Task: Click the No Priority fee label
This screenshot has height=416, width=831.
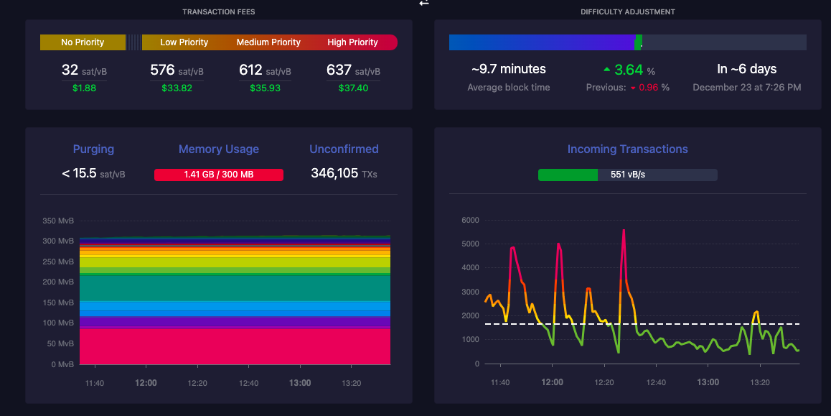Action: click(83, 42)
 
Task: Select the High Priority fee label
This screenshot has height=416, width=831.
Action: click(352, 42)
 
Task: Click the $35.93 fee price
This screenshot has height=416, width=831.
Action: click(265, 88)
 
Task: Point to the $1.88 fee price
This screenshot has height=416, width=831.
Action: click(84, 88)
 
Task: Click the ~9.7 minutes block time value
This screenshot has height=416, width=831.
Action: click(509, 69)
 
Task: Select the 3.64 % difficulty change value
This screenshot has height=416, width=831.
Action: click(629, 70)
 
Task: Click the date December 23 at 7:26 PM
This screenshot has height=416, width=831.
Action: click(747, 88)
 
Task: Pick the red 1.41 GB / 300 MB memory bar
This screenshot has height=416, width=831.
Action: click(219, 175)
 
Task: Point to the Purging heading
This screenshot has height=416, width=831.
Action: click(93, 149)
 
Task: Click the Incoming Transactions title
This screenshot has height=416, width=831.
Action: click(627, 149)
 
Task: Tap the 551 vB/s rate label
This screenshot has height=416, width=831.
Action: click(628, 175)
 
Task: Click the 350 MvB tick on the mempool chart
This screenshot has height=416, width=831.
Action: click(58, 221)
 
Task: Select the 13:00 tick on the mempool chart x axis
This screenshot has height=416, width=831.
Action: click(300, 383)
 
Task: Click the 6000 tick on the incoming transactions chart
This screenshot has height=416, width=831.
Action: click(471, 220)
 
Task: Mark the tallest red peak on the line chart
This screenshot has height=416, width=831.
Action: click(624, 231)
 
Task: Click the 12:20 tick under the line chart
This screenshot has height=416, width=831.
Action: click(604, 382)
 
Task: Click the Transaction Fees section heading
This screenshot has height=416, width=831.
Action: click(219, 11)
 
